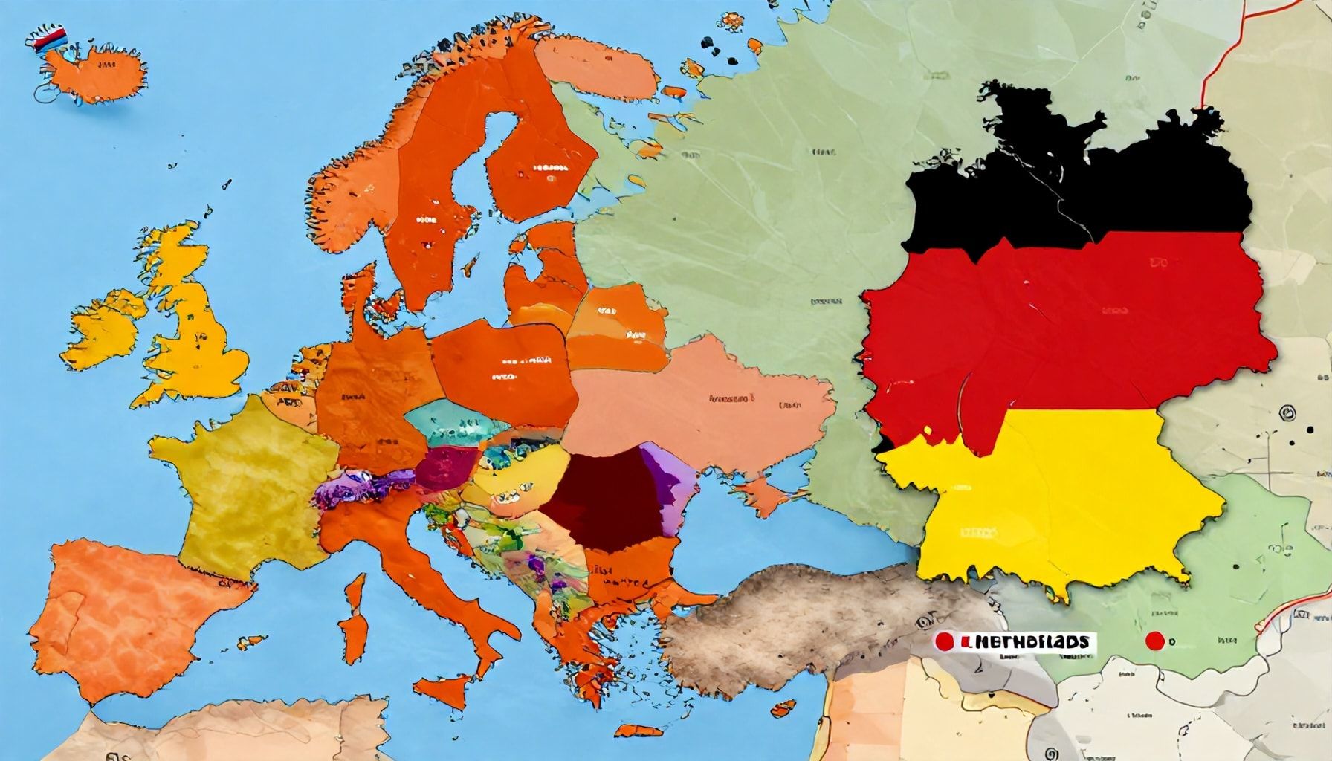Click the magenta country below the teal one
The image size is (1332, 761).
pos(446,468)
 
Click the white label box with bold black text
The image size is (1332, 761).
pos(1015,641)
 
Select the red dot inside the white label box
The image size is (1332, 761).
pos(945,641)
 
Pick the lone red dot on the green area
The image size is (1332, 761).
pos(1154,641)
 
